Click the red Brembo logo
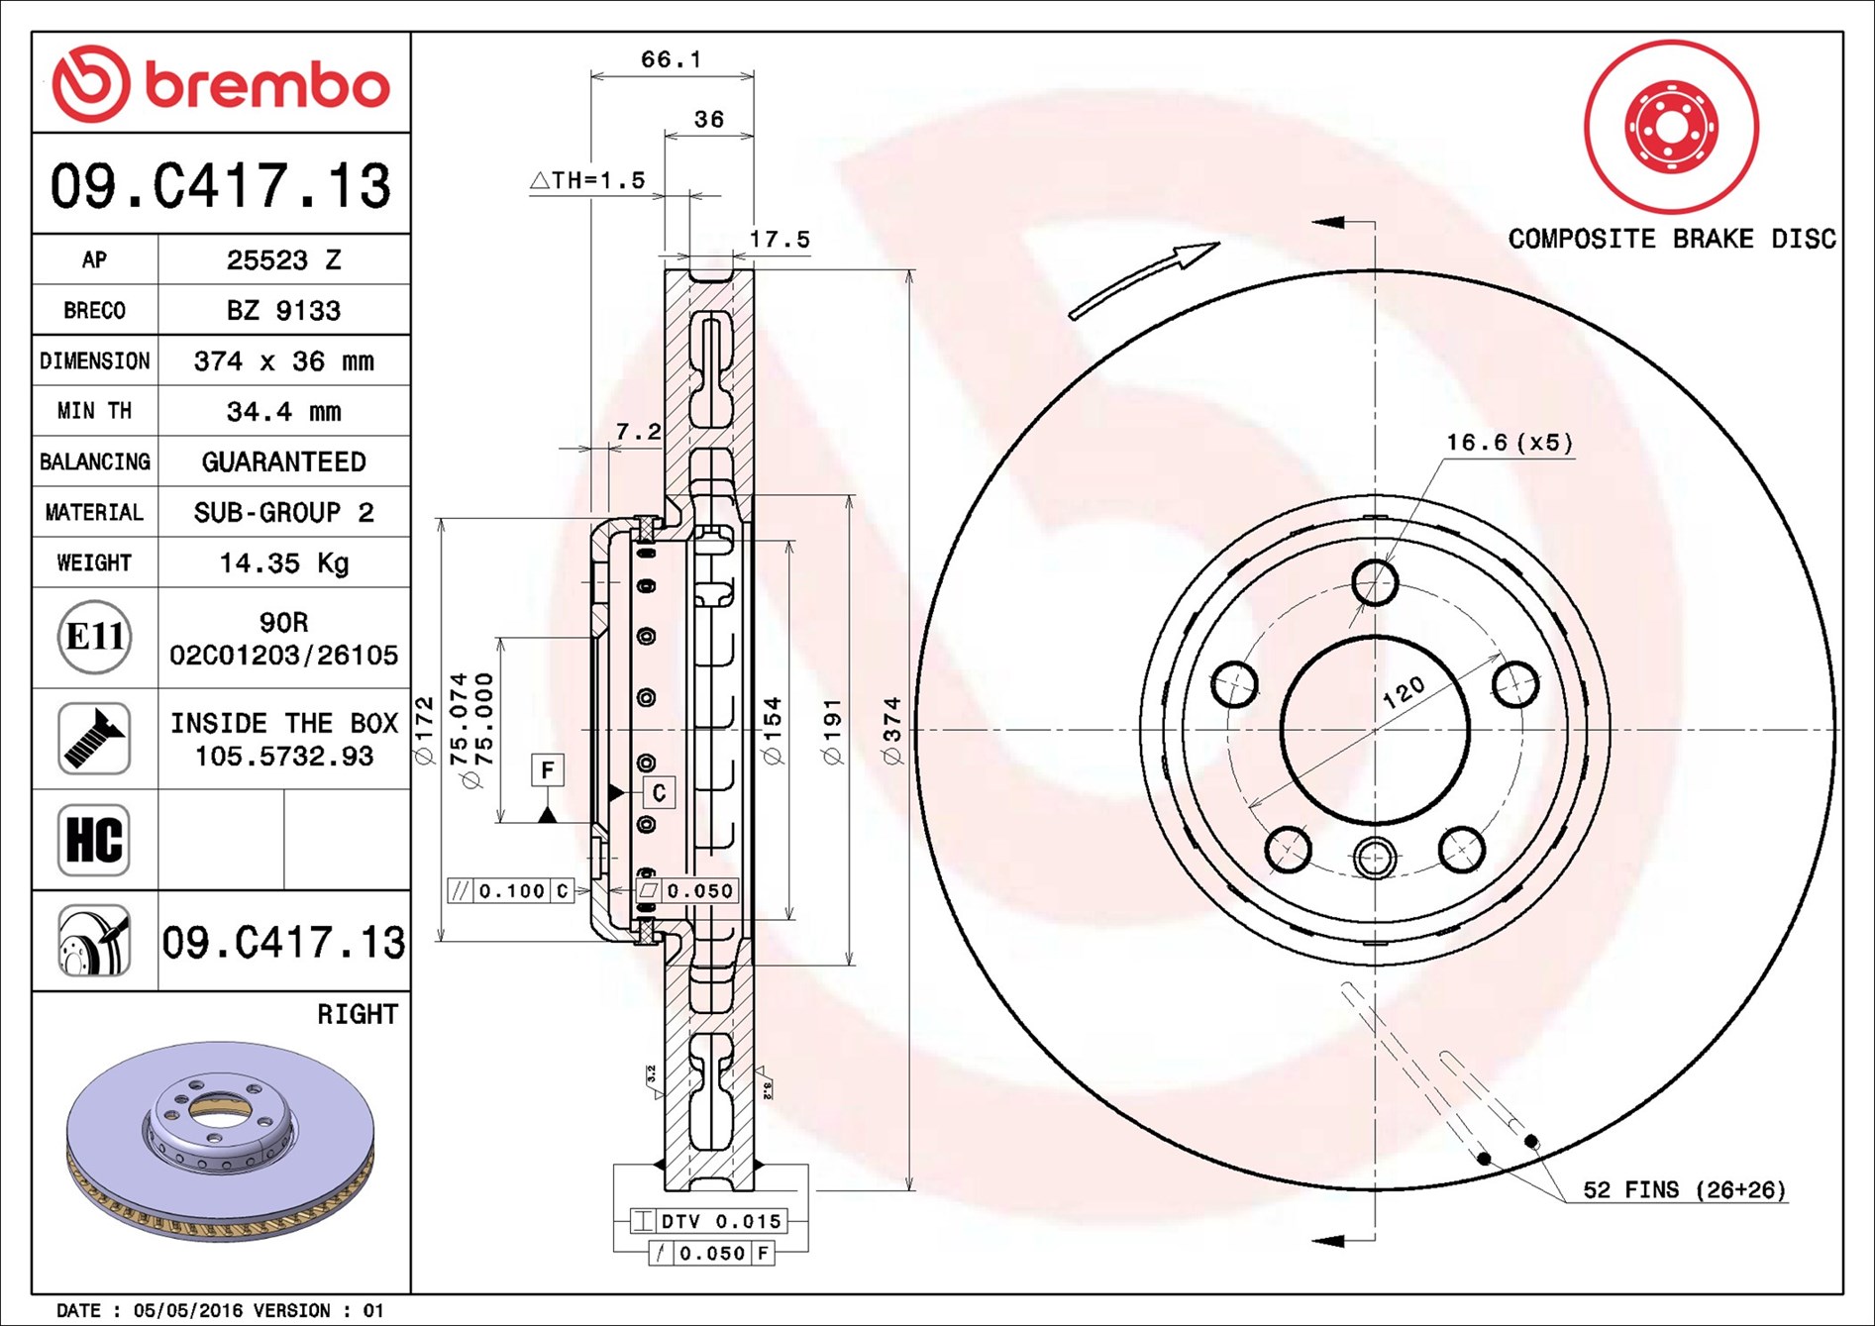(x=220, y=84)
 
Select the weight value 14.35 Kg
(x=283, y=563)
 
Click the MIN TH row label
(x=94, y=411)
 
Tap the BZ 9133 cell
(x=283, y=311)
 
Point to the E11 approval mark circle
(x=94, y=637)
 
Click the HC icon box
(x=94, y=840)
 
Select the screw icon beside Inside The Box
(x=94, y=739)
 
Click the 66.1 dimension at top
(x=671, y=60)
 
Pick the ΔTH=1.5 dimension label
(x=587, y=180)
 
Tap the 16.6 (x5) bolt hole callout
(x=1509, y=443)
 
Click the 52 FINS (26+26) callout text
(x=1684, y=1189)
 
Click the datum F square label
(x=548, y=769)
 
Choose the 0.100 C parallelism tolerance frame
(x=510, y=890)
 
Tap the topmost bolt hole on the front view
(x=1375, y=582)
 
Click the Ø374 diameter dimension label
(x=892, y=731)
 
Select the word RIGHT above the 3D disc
(x=357, y=1014)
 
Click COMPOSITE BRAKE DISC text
(x=1671, y=239)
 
